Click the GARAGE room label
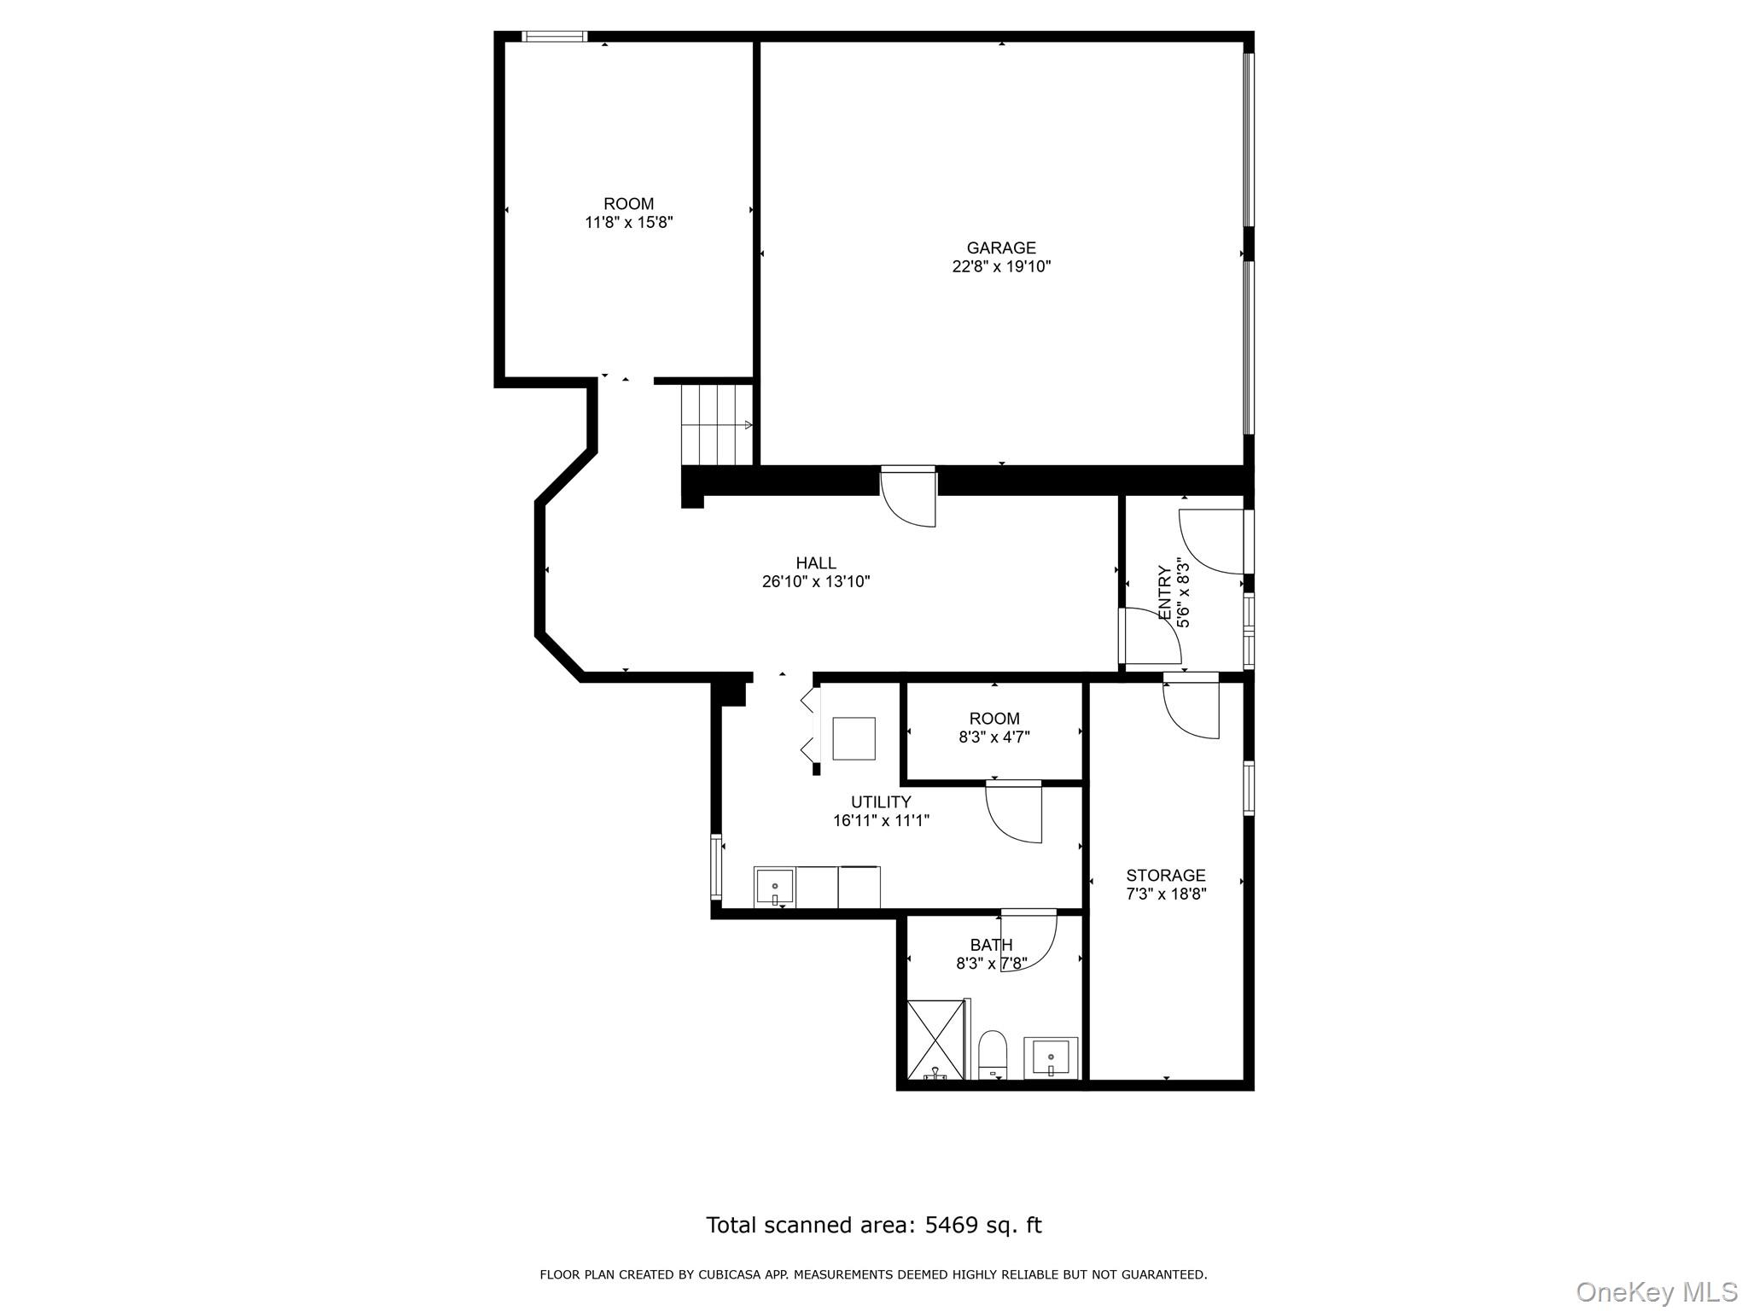click(x=1000, y=248)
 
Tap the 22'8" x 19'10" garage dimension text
click(x=1000, y=266)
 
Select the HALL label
click(x=815, y=562)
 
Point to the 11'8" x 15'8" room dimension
click(x=628, y=223)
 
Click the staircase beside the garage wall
click(x=717, y=424)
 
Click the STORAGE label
click(x=1165, y=875)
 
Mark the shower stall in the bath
click(x=936, y=1040)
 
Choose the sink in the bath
click(x=1051, y=1058)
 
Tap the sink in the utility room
click(x=774, y=887)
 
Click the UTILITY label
click(x=880, y=801)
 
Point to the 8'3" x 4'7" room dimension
click(x=993, y=737)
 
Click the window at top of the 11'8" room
click(x=554, y=36)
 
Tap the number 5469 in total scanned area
click(x=950, y=1225)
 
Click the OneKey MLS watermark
click(x=1656, y=1291)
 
